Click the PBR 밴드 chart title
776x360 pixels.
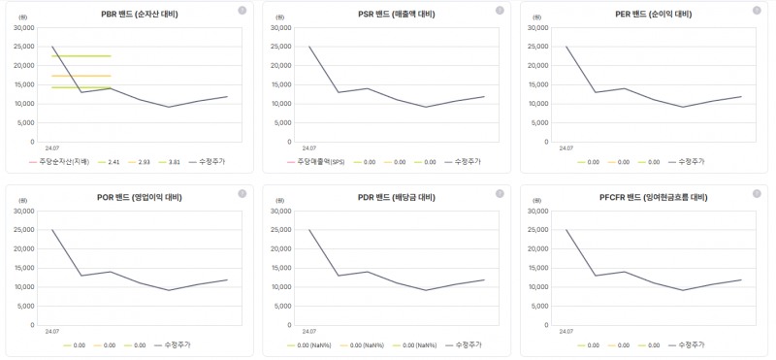point(132,15)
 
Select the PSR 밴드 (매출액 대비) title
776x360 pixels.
point(389,15)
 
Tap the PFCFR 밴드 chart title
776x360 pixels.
point(647,197)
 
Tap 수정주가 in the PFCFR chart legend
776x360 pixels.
point(690,344)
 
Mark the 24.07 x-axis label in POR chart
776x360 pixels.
point(52,332)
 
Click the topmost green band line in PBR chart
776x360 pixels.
point(81,56)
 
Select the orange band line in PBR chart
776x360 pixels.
point(81,76)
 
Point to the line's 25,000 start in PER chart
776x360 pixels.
point(567,47)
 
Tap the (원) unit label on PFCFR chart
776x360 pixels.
point(537,203)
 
